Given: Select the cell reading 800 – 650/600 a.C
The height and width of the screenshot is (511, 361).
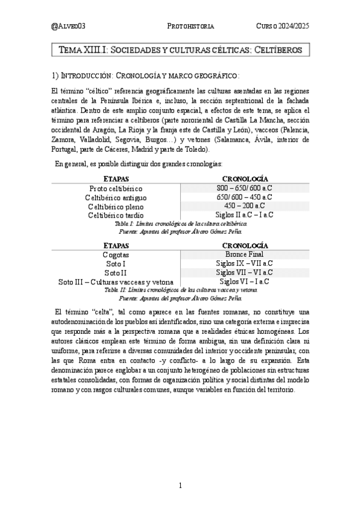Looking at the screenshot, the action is [245, 188].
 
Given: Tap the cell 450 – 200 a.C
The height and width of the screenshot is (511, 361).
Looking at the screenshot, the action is [245, 205].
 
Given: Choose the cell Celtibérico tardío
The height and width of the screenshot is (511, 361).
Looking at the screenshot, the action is [116, 215].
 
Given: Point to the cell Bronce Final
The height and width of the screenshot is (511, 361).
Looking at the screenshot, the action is [245, 254].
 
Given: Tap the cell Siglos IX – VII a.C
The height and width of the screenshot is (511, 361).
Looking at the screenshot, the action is [245, 263].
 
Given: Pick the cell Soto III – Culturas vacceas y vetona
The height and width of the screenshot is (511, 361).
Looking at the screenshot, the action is [116, 281].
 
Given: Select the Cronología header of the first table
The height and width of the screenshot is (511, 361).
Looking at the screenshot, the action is [245, 179].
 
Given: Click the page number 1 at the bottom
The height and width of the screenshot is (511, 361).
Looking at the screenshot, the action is [180, 485].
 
